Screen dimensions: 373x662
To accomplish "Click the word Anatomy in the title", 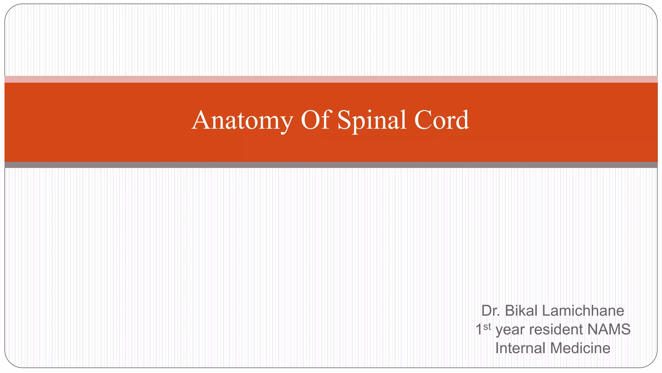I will pyautogui.click(x=242, y=120).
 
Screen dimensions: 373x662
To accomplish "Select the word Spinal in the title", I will pyautogui.click(x=372, y=120).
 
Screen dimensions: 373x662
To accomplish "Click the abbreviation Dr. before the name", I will pyautogui.click(x=490, y=311).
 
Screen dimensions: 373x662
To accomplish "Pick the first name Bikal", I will pyautogui.click(x=521, y=311).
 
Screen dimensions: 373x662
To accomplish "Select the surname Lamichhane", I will pyautogui.click(x=583, y=311).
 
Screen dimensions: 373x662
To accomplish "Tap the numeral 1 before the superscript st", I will pyautogui.click(x=479, y=330).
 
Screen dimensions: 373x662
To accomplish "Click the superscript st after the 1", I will pyautogui.click(x=487, y=327).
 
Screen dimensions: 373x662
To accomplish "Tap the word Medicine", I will pyautogui.click(x=580, y=348).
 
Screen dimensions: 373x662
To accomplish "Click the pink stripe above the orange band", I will pyautogui.click(x=331, y=79).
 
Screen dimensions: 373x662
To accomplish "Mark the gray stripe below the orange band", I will pyautogui.click(x=331, y=165).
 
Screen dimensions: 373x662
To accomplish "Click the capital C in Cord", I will pyautogui.click(x=422, y=120).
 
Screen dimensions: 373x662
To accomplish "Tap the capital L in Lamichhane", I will pyautogui.click(x=546, y=311).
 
